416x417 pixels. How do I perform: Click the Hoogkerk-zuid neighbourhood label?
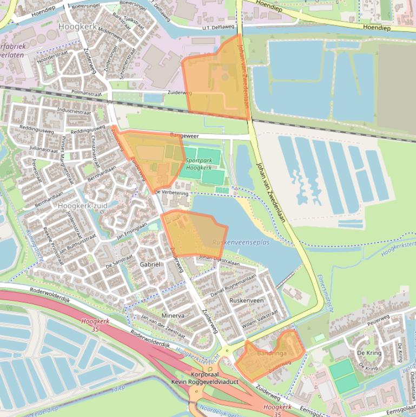pyautogui.click(x=83, y=206)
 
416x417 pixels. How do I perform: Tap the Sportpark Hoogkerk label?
pyautogui.click(x=199, y=164)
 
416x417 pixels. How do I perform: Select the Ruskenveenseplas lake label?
pyautogui.click(x=241, y=243)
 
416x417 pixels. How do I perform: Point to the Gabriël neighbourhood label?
pyautogui.click(x=150, y=264)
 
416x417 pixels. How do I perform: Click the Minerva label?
pyautogui.click(x=173, y=316)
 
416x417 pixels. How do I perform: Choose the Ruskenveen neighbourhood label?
pyautogui.click(x=246, y=300)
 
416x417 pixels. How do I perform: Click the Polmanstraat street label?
pyautogui.click(x=87, y=93)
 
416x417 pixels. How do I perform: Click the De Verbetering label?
pyautogui.click(x=171, y=193)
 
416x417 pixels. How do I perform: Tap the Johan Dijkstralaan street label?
pyautogui.click(x=219, y=259)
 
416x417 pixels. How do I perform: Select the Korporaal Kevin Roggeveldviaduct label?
pyautogui.click(x=204, y=378)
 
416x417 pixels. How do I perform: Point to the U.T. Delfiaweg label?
pyautogui.click(x=219, y=27)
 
